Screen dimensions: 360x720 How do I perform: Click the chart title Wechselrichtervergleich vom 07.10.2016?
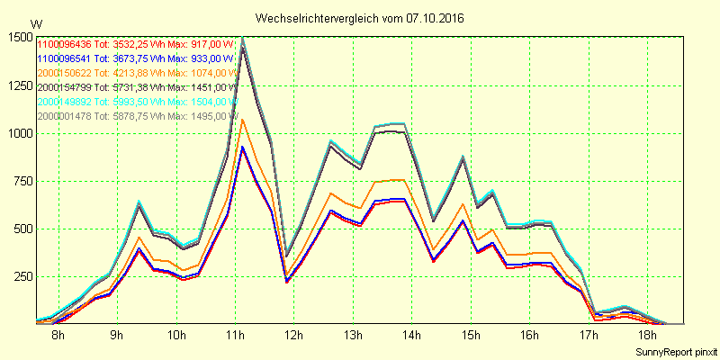(360, 18)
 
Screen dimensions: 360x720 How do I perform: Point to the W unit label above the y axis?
(35, 23)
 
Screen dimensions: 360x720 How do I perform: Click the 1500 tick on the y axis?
(18, 37)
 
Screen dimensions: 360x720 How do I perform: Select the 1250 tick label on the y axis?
(18, 85)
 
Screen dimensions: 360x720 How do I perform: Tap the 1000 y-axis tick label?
(18, 133)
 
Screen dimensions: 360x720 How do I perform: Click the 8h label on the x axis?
(58, 336)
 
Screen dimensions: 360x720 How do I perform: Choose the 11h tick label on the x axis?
(235, 336)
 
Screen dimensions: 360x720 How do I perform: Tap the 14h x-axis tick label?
(412, 336)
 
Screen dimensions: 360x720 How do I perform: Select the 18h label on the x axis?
(647, 336)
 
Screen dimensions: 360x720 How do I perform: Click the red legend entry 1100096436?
(65, 44)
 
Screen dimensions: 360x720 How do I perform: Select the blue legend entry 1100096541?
(65, 58)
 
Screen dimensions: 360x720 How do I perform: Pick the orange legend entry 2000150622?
(65, 73)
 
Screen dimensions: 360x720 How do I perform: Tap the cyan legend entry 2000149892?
(65, 102)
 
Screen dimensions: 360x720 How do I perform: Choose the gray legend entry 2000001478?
(65, 116)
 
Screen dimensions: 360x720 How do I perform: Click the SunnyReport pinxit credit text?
(675, 350)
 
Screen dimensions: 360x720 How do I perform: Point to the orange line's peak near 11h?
(242, 120)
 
